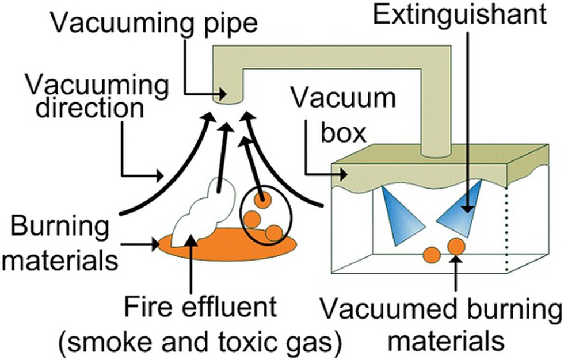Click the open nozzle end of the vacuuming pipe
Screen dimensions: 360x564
[228, 100]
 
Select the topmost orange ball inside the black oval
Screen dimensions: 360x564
[262, 200]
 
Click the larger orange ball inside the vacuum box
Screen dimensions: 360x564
[456, 247]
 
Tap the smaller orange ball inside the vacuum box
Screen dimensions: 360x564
[432, 254]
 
